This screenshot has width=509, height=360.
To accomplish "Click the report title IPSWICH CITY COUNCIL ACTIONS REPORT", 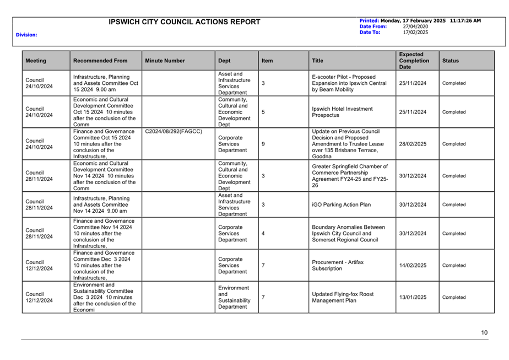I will (x=185, y=22).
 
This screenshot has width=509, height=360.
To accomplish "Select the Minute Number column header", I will (x=165, y=61).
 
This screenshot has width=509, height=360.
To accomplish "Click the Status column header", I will (x=450, y=61).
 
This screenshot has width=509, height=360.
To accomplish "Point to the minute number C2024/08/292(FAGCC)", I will (x=174, y=132).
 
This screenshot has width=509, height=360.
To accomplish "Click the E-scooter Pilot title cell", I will (x=349, y=83).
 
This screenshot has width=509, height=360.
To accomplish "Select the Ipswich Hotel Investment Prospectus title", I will (x=342, y=112).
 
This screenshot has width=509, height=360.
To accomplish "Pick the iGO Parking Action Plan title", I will (x=341, y=205).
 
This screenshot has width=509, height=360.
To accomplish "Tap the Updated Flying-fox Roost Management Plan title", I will (x=343, y=297).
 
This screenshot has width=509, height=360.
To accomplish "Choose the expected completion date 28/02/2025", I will (x=413, y=144).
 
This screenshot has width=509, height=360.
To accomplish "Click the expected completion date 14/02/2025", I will (x=413, y=265).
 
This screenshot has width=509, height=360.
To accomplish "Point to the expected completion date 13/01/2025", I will (x=413, y=297).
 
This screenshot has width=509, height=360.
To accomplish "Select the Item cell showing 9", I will (x=263, y=144).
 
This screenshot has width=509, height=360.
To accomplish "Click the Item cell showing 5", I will (x=263, y=112).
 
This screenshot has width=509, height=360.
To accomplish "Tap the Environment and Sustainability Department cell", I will (x=234, y=297).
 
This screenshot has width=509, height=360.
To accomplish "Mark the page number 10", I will (x=484, y=332).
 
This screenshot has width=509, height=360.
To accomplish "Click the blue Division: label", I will (x=26, y=35).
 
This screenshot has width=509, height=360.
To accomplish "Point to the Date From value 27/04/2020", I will (x=415, y=26).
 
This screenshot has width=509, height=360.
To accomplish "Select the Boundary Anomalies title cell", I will (x=348, y=233).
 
